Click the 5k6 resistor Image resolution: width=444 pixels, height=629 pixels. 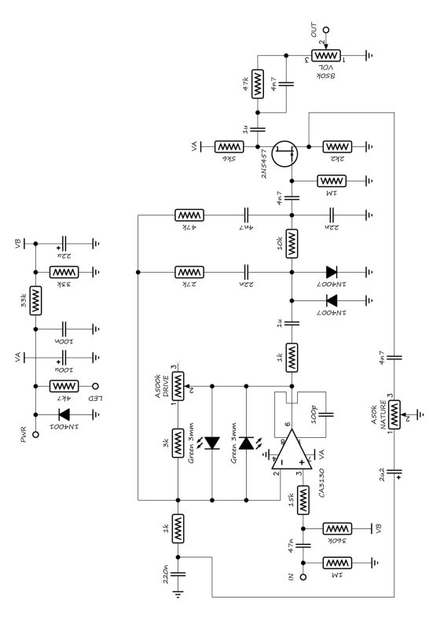coord(229,147)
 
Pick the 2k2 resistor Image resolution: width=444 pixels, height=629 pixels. coord(339,147)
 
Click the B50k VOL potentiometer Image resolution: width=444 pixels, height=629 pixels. coord(325,56)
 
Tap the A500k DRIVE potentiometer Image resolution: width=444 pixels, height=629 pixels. coord(178,385)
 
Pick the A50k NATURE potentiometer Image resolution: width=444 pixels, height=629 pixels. coord(395,410)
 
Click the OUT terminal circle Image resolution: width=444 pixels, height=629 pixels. coord(326,31)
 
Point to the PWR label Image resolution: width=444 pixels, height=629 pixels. coord(24,430)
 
